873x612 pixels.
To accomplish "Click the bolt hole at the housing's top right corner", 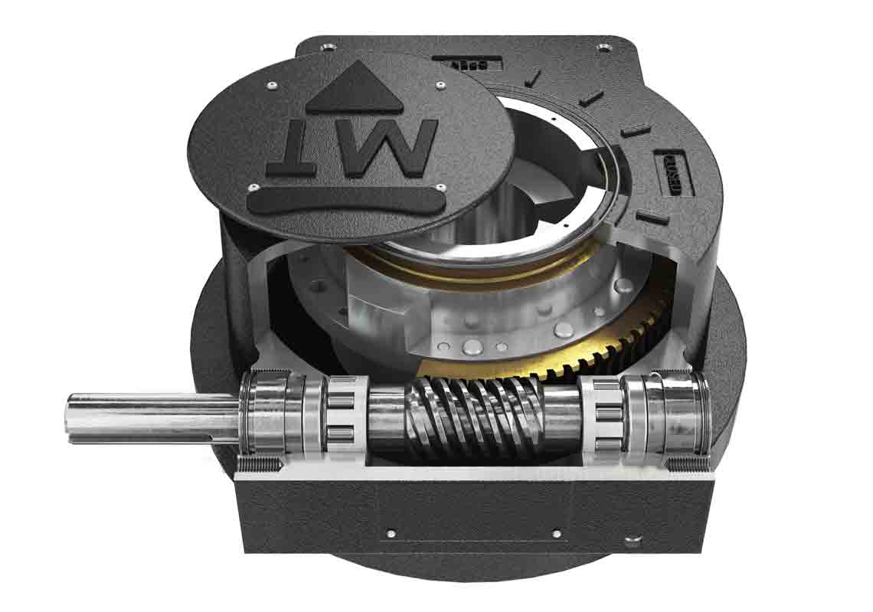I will [606, 48].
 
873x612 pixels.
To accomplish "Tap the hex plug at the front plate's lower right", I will [632, 542].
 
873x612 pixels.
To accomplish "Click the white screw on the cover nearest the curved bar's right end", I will [442, 187].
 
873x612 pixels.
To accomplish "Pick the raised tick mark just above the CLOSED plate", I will [636, 131].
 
